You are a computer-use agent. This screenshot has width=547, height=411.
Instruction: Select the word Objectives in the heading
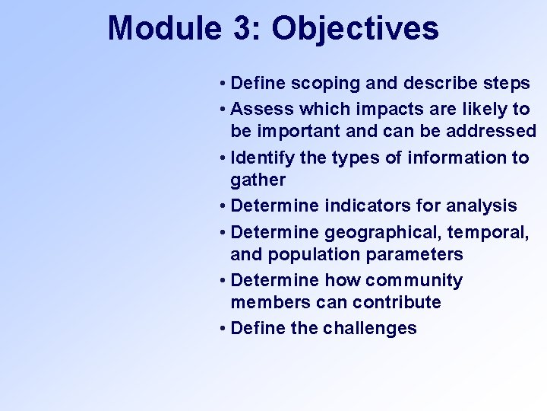(355, 29)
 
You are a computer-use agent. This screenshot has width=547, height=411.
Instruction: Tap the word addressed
(492, 131)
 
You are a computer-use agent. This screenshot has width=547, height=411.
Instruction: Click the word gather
(258, 180)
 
